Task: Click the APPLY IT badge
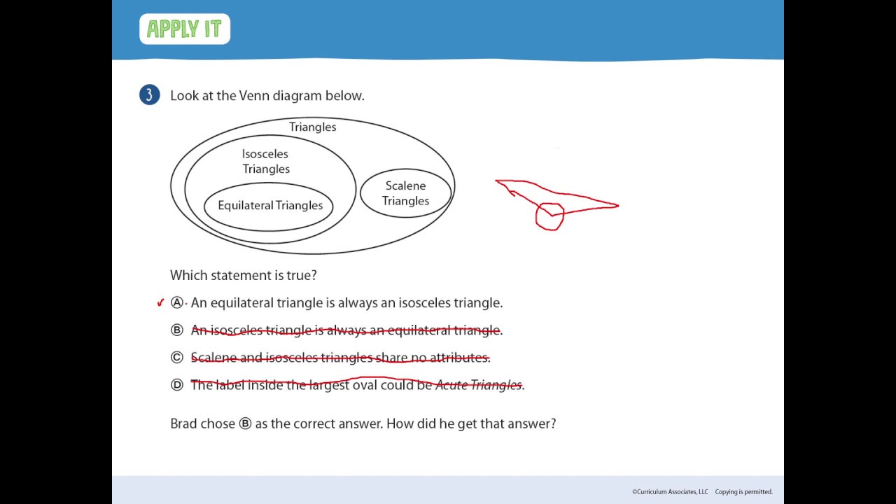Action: click(185, 29)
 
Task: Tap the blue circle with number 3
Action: click(149, 95)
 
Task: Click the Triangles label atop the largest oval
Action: click(312, 127)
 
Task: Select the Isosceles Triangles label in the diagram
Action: click(265, 161)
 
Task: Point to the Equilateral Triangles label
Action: click(270, 205)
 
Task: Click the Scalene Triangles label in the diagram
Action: click(405, 193)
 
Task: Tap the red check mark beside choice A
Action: click(160, 302)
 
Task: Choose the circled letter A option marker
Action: click(176, 302)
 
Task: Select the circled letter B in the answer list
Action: click(176, 330)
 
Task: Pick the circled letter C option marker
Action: click(176, 357)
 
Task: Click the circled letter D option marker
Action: click(176, 384)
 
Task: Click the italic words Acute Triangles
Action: click(478, 384)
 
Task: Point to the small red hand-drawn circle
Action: click(549, 216)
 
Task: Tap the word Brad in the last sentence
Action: click(183, 423)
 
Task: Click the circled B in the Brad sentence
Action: click(245, 423)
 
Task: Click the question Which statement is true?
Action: click(244, 275)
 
